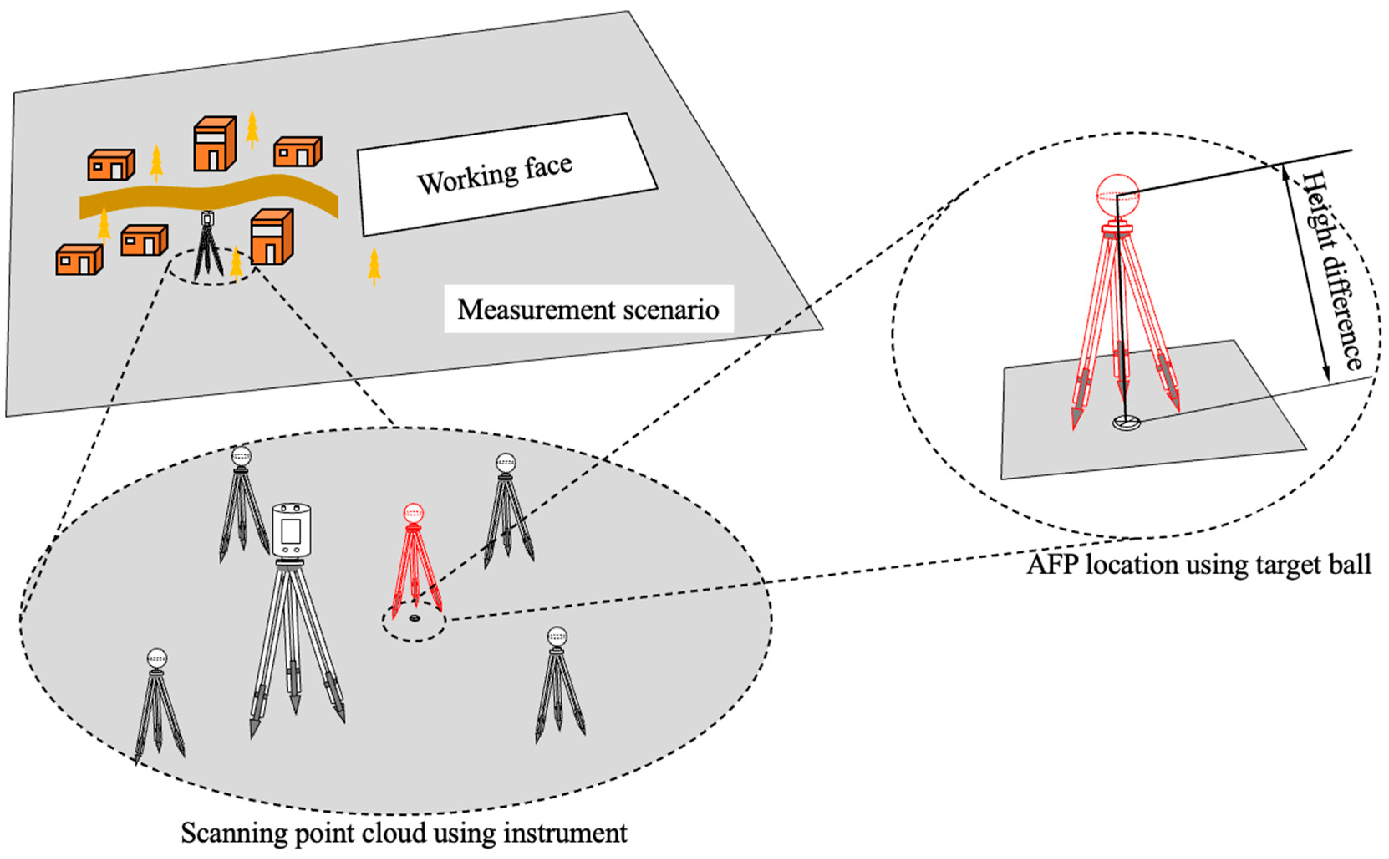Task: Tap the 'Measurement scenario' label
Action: click(588, 310)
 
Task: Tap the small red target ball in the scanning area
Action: click(413, 513)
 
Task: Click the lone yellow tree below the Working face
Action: click(374, 265)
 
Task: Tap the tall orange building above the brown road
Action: click(215, 144)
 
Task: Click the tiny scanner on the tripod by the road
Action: click(208, 218)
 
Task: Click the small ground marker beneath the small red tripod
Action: click(413, 617)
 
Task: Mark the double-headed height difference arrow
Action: click(1305, 273)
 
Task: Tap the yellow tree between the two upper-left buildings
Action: click(156, 162)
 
